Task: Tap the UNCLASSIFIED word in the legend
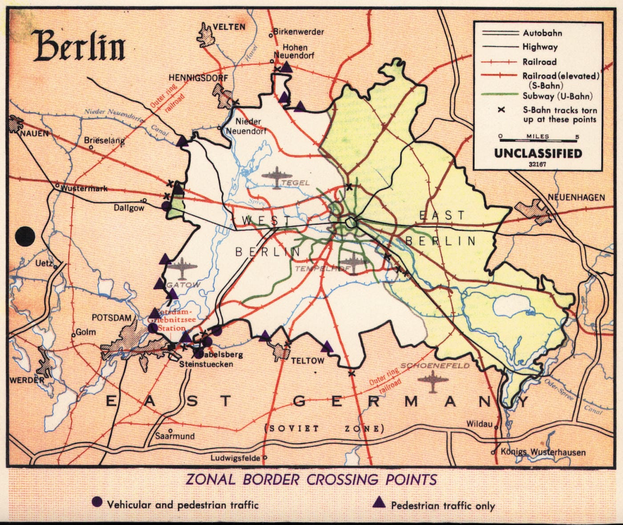point(538,153)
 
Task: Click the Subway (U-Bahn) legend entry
point(557,96)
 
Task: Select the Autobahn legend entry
point(542,33)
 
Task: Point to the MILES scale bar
point(538,137)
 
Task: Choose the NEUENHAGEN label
point(576,197)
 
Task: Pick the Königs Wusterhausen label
point(543,452)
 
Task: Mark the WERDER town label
point(27,380)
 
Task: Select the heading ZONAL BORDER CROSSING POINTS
point(311,480)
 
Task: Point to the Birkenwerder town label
point(298,32)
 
